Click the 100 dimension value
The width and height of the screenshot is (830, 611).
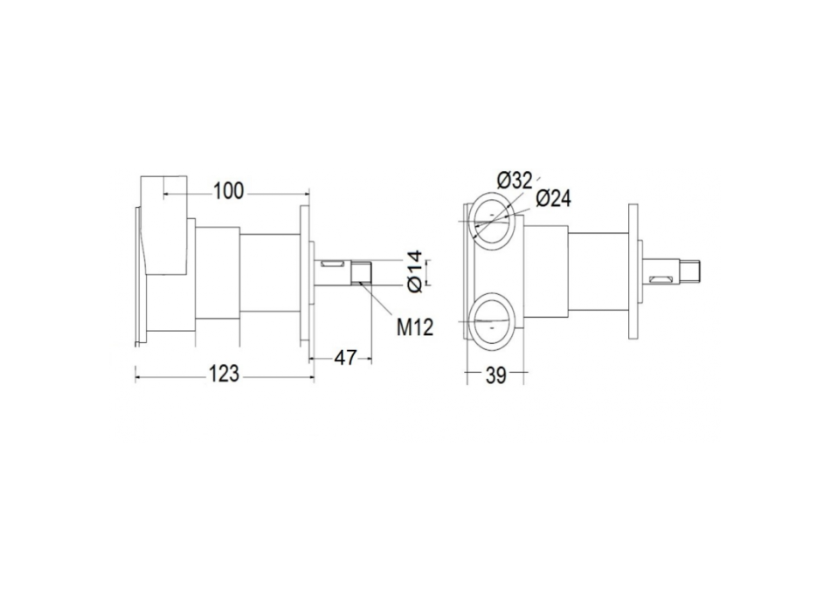[x=229, y=190]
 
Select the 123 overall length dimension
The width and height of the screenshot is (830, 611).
[x=225, y=374]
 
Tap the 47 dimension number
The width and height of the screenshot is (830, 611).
[x=346, y=357]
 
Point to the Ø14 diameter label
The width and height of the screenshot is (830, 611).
[x=415, y=270]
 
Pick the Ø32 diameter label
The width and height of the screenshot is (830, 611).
[x=515, y=180]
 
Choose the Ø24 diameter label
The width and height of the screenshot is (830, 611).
[x=553, y=199]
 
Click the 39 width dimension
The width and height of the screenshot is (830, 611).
[x=496, y=374]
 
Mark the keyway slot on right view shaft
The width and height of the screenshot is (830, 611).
[x=660, y=278]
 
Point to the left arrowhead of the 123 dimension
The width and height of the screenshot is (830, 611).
[x=137, y=375]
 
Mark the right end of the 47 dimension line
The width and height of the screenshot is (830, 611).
[x=370, y=357]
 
